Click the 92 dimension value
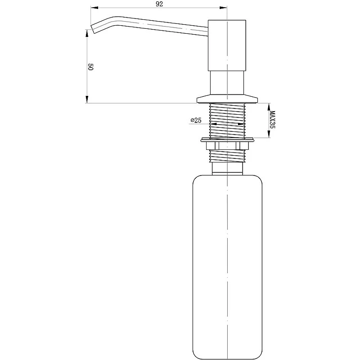click(159, 4)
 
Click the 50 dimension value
click(90, 67)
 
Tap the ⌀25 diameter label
click(196, 120)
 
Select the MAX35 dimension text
click(272, 120)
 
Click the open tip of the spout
click(93, 29)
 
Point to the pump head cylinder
click(227, 45)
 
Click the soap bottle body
click(227, 267)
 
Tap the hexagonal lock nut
click(228, 145)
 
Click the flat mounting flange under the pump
click(227, 99)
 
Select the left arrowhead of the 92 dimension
click(94, 8)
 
